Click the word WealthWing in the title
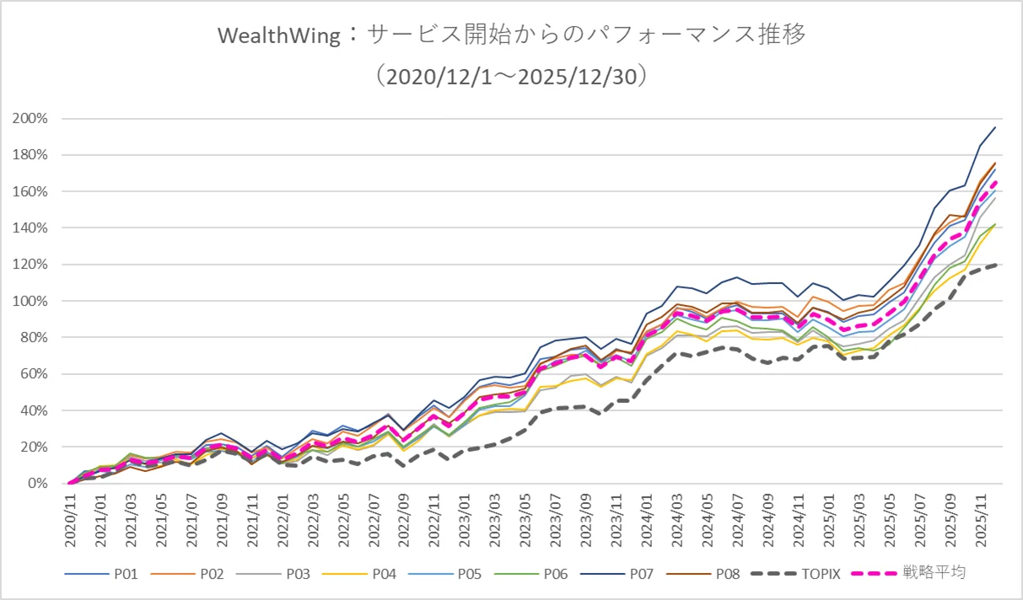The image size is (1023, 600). pos(279,35)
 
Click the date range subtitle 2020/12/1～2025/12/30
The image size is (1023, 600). pos(511,77)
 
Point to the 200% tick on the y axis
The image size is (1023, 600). pos(30,119)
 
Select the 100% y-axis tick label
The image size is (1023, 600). pos(30,301)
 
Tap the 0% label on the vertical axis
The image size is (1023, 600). pos(38,483)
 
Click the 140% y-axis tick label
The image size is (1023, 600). pos(30,228)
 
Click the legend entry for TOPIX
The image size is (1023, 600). pos(795,574)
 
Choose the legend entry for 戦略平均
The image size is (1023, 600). pos(909,573)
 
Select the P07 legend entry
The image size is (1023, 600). pos(617,574)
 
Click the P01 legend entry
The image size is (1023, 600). pos(101,574)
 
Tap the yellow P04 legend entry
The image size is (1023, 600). pos(359,574)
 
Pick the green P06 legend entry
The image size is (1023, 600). pos(530,574)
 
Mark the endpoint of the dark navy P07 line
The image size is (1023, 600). pos(995,127)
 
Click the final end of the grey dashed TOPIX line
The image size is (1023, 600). pos(996,265)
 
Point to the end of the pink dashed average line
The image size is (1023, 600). pos(996,181)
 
